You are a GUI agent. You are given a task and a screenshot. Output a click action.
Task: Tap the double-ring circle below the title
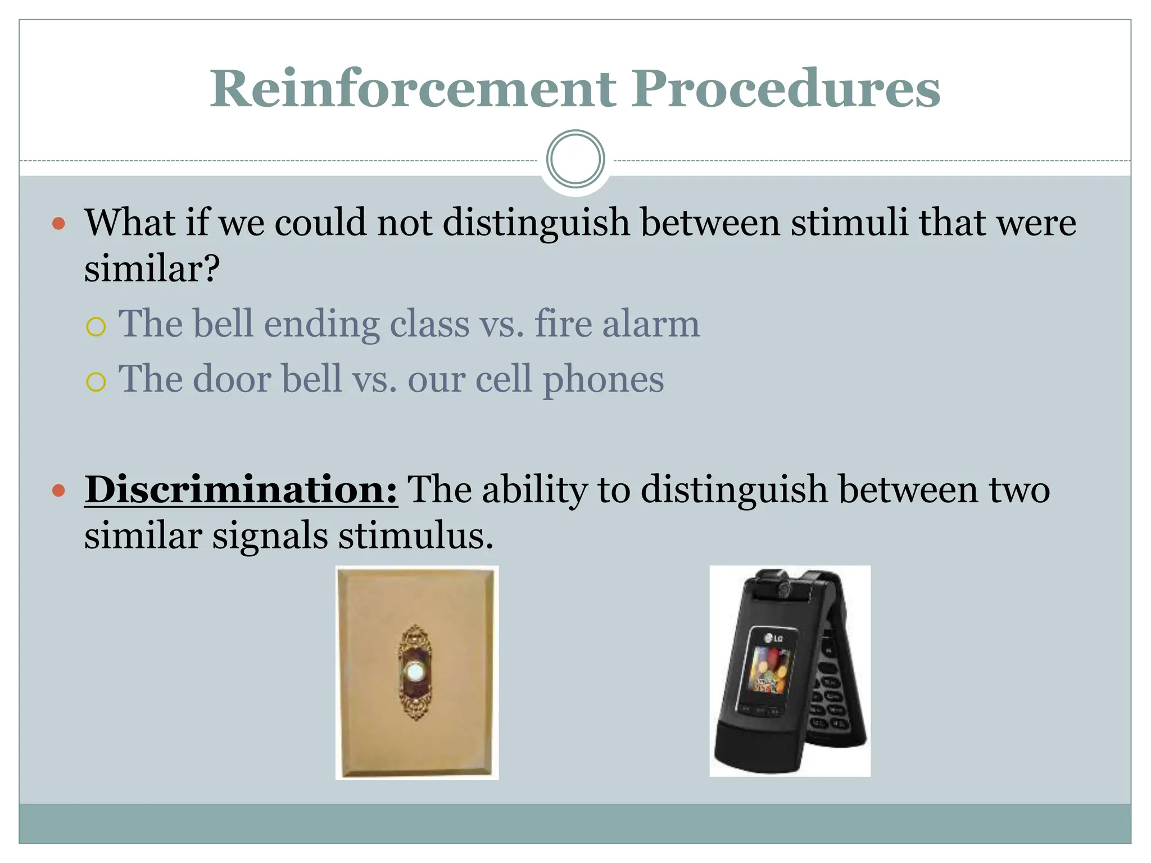tap(575, 159)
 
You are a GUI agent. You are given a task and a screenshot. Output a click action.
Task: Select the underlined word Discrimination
tap(241, 489)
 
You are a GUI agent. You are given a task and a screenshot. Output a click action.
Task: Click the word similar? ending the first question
tap(152, 269)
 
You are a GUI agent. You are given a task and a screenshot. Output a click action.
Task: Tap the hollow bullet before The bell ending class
tap(96, 326)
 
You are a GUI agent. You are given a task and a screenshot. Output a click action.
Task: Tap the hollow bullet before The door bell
tap(96, 382)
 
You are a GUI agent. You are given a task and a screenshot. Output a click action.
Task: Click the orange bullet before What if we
tap(58, 224)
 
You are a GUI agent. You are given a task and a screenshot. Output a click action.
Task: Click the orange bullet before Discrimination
tap(58, 490)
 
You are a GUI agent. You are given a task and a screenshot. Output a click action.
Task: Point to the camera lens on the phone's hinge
tap(782, 588)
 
